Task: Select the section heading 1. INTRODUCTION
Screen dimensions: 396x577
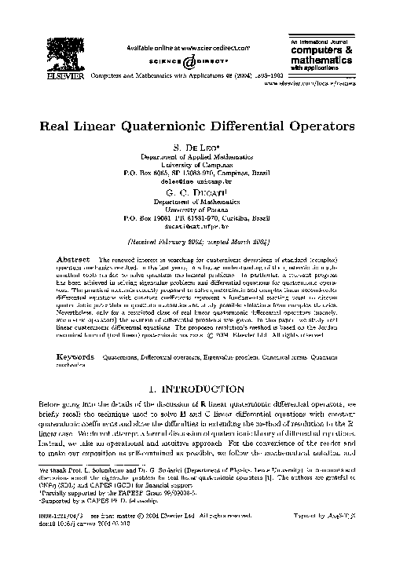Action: tap(198, 389)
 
